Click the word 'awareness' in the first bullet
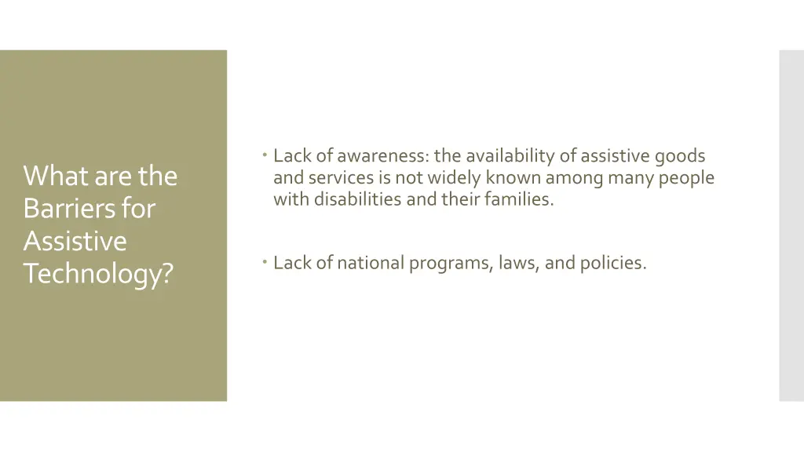pyautogui.click(x=383, y=156)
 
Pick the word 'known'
pyautogui.click(x=513, y=178)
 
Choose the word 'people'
pyautogui.click(x=686, y=178)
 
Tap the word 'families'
pyautogui.click(x=519, y=199)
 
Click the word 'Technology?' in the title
pyautogui.click(x=97, y=275)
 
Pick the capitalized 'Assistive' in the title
pyautogui.click(x=75, y=242)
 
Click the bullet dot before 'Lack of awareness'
pyautogui.click(x=267, y=155)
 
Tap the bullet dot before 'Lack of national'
pyautogui.click(x=267, y=262)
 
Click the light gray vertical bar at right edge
pyautogui.click(x=791, y=226)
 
